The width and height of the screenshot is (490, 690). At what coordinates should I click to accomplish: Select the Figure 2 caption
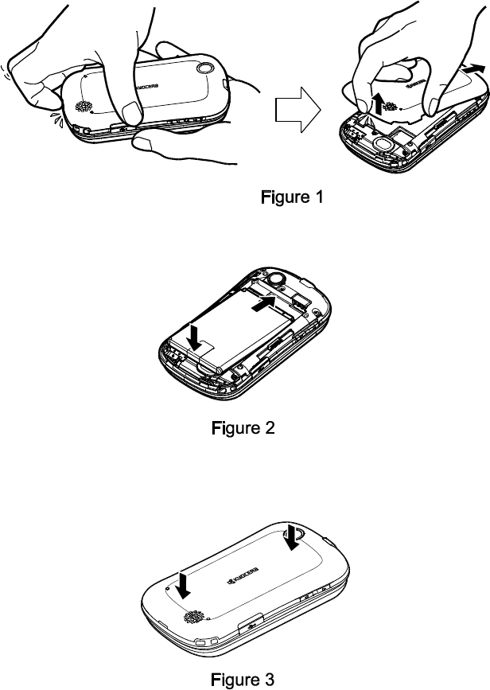tap(243, 428)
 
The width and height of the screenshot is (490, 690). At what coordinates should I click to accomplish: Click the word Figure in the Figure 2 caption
tap(232, 428)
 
